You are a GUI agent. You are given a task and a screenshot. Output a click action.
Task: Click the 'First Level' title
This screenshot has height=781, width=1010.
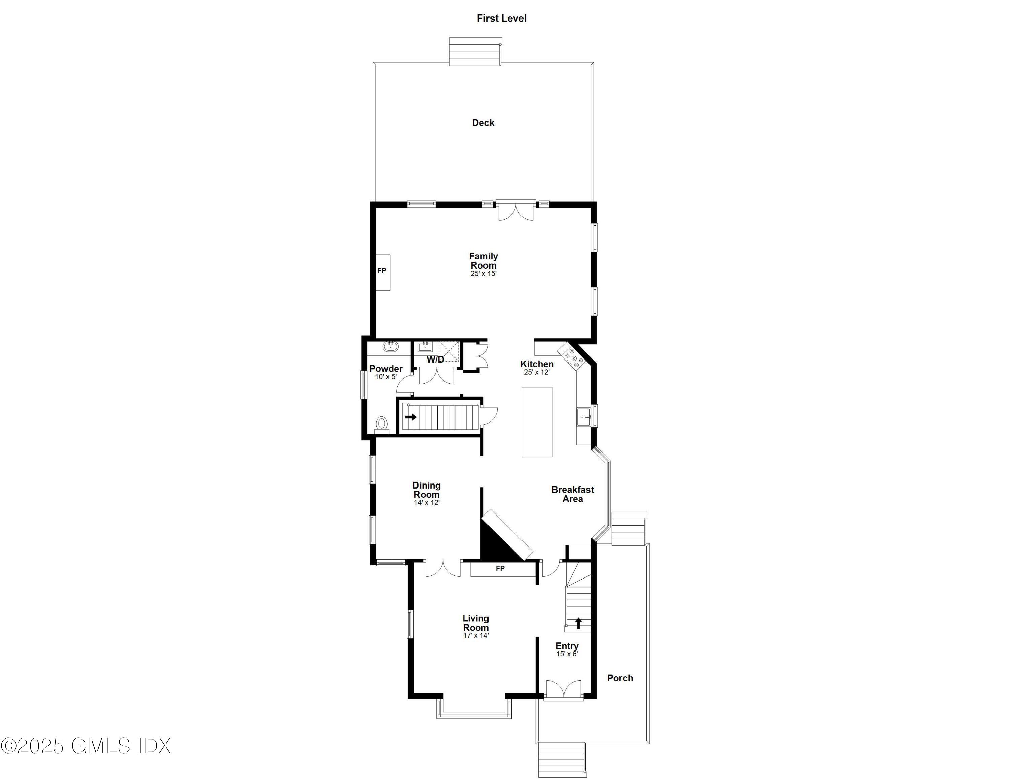[x=501, y=19]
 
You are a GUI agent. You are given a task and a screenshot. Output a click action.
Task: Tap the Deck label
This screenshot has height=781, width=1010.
[x=483, y=123]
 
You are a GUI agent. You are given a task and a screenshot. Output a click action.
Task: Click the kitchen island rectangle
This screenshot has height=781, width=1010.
[x=537, y=421]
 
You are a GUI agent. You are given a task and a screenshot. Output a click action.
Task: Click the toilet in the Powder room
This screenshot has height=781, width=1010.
[x=381, y=423]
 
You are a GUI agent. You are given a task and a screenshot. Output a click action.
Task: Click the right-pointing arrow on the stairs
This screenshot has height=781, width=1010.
[x=411, y=417]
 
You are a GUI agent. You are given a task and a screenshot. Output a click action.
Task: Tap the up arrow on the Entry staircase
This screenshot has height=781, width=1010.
[x=578, y=623]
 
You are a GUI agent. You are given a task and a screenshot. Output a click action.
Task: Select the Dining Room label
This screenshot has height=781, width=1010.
[x=426, y=490]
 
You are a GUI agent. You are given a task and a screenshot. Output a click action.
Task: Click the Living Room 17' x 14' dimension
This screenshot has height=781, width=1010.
[x=476, y=636]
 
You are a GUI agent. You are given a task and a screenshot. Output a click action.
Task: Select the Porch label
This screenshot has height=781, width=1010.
[x=620, y=678]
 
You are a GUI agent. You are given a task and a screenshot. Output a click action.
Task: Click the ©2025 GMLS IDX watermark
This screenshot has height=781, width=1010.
[x=86, y=746]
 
